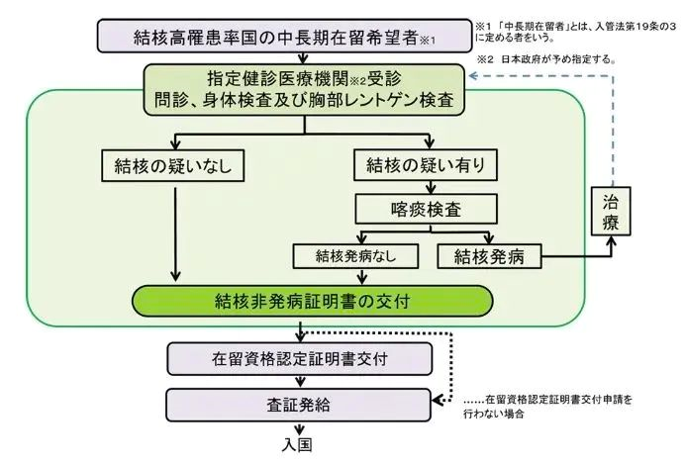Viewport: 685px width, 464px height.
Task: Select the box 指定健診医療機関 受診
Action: coord(303,86)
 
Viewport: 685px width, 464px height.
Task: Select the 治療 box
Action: coord(612,210)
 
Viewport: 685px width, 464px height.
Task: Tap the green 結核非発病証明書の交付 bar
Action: coord(313,300)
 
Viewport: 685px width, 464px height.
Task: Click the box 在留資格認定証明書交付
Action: coord(298,356)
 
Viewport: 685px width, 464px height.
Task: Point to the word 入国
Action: coord(298,446)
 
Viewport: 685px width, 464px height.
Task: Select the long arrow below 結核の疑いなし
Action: coord(177,232)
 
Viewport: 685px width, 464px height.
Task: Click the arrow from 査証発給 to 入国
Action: coord(298,426)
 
